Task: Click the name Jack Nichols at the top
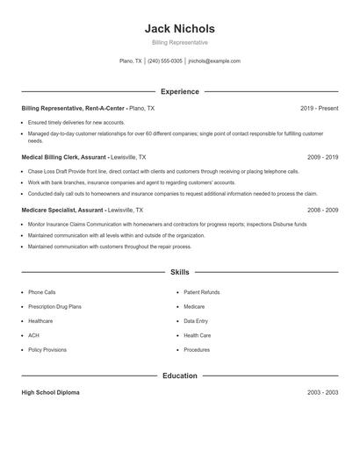[x=179, y=28]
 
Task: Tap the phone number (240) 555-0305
[x=165, y=61]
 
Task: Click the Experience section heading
[x=179, y=91]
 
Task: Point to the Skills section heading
[x=179, y=273]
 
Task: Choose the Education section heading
[x=179, y=376]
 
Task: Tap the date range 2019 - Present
[x=319, y=108]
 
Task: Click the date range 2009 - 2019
[x=322, y=156]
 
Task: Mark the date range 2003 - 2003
[x=322, y=392]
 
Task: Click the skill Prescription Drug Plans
[x=54, y=306]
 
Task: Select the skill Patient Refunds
[x=201, y=292]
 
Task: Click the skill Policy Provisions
[x=47, y=349]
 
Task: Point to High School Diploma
[x=50, y=392]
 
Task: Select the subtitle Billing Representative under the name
[x=179, y=42]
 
